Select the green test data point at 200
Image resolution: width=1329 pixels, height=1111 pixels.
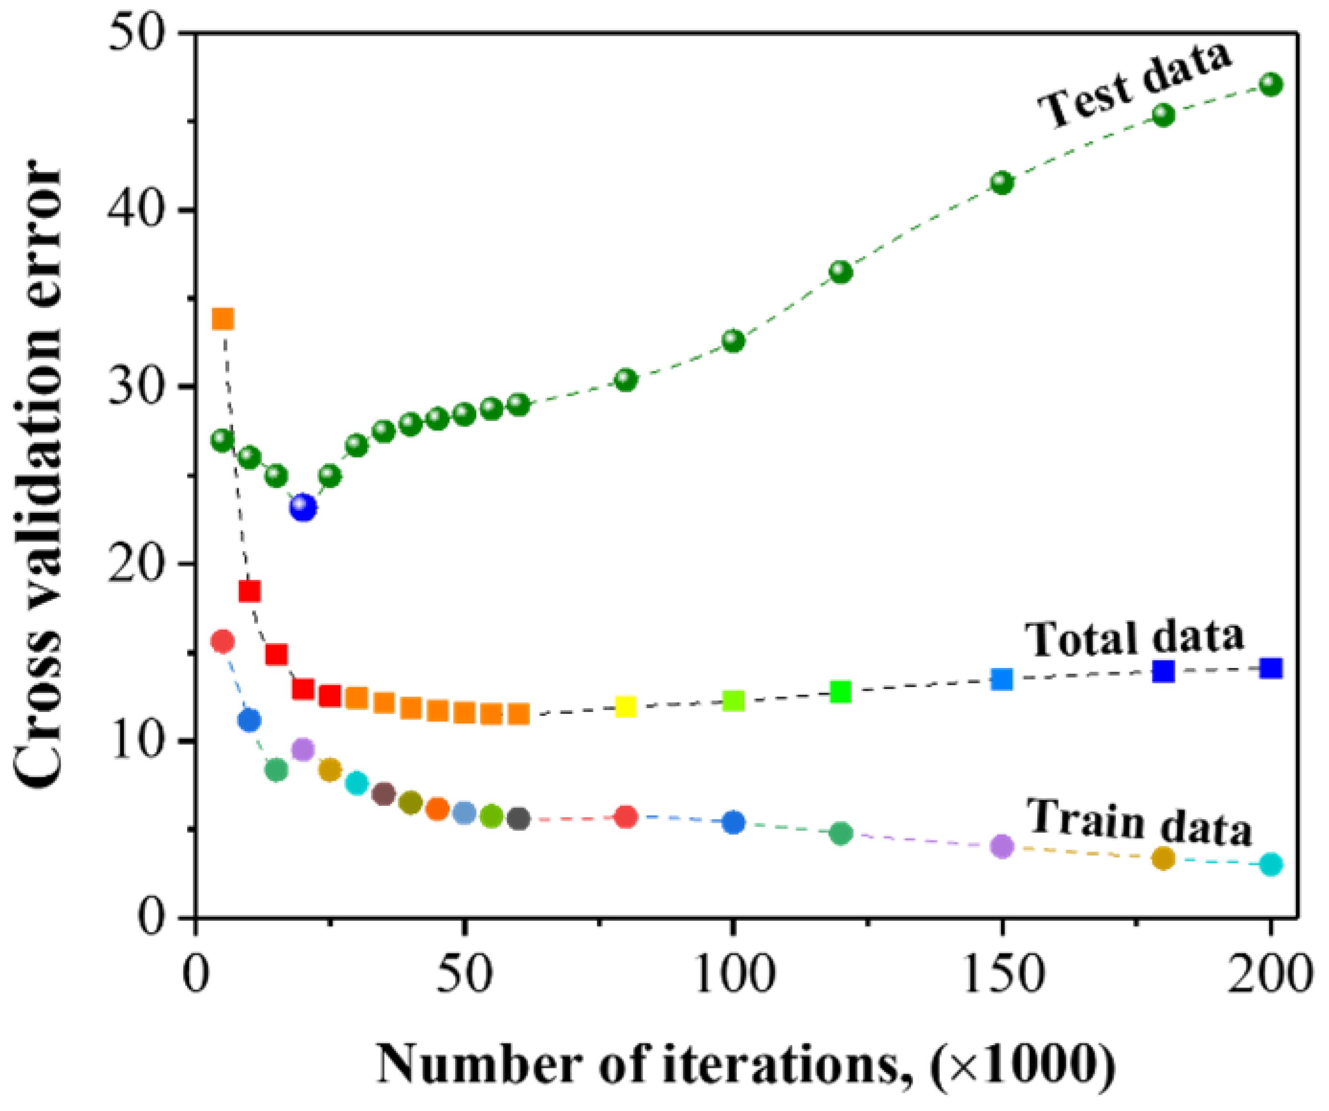click(x=1271, y=84)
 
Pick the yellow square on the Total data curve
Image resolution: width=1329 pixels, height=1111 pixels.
click(x=625, y=706)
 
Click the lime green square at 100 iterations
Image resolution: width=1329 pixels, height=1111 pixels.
click(x=733, y=700)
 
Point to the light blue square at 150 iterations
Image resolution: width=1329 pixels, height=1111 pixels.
click(x=1002, y=679)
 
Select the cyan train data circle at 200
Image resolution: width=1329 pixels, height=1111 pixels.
click(x=1271, y=864)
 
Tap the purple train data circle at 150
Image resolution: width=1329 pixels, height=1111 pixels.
click(x=1002, y=846)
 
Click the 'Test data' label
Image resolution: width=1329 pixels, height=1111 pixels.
click(x=1136, y=86)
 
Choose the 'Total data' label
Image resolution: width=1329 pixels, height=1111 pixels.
click(x=1134, y=638)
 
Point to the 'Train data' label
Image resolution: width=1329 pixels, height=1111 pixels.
click(x=1139, y=822)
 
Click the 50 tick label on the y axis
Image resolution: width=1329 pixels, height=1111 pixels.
click(x=145, y=33)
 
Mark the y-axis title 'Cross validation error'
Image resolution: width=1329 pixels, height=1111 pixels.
click(x=39, y=475)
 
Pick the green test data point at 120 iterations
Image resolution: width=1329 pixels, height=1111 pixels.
click(x=840, y=272)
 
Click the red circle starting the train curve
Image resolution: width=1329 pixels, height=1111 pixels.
click(x=223, y=642)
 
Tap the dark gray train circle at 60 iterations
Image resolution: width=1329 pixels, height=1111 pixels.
click(x=518, y=819)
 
